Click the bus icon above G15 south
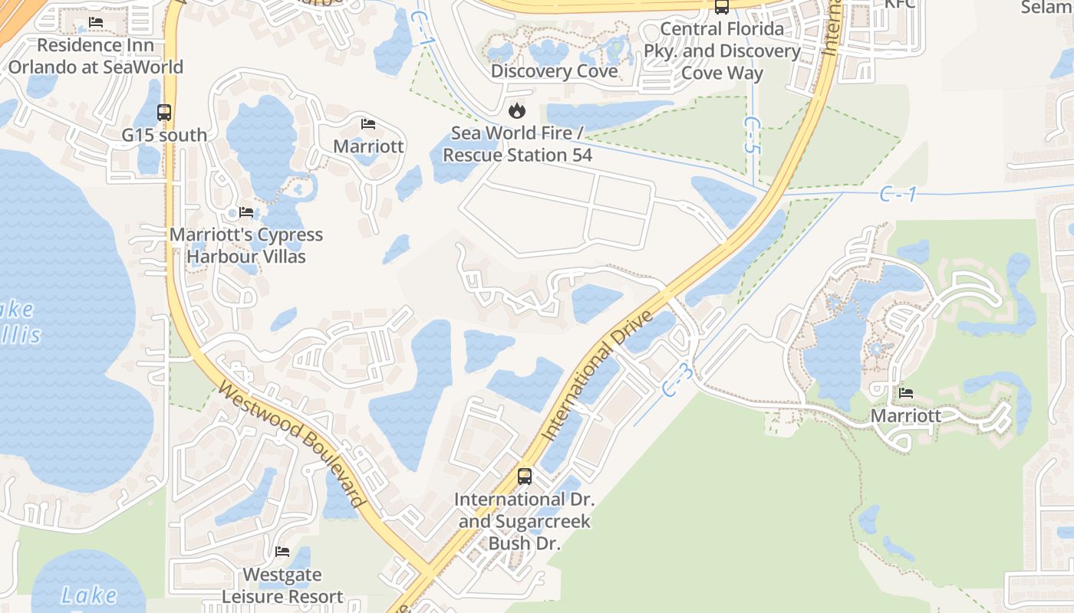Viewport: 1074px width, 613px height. [x=164, y=113]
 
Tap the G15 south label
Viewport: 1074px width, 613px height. [x=164, y=135]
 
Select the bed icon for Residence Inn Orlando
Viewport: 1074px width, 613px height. [x=96, y=22]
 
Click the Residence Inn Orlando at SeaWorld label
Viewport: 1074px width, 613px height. [x=96, y=56]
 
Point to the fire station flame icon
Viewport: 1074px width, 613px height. [x=518, y=111]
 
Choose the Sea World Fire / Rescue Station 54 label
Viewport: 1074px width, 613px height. [x=518, y=144]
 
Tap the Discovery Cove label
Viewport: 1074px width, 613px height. [x=554, y=71]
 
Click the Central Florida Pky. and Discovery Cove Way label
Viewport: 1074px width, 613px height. [x=722, y=51]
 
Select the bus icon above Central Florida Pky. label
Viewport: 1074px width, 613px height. [x=721, y=7]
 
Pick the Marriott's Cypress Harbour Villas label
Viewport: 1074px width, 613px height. [x=246, y=245]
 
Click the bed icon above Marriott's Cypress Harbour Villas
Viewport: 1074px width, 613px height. [x=246, y=212]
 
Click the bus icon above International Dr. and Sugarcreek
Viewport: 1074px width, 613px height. [x=525, y=477]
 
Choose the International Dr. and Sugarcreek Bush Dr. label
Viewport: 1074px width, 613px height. [x=525, y=521]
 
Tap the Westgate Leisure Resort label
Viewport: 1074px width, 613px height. [x=282, y=585]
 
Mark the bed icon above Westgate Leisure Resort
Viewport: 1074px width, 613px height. [x=282, y=552]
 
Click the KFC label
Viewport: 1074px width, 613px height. [x=900, y=4]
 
